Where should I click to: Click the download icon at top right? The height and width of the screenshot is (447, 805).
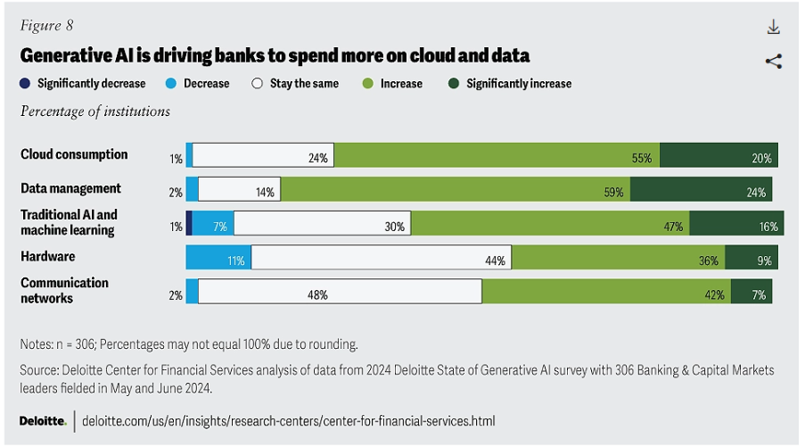pos(773,28)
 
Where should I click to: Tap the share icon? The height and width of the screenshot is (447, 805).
pos(773,62)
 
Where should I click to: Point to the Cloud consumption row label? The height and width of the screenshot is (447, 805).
pos(74,154)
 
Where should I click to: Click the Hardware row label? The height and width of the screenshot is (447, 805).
pos(47,257)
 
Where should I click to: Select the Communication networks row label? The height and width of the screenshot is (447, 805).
pos(64,290)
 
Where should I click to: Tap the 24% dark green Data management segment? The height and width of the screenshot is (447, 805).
pos(701,189)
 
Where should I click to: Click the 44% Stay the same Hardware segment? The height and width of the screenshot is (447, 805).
pos(381,258)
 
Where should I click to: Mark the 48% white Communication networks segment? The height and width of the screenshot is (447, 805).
pos(340,292)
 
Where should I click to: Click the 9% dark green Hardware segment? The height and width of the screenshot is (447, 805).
pos(752,258)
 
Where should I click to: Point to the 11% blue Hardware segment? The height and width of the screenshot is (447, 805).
pos(218,258)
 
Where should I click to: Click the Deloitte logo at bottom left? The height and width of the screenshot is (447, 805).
pos(43,420)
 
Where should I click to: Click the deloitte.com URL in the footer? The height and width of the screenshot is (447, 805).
pos(288,420)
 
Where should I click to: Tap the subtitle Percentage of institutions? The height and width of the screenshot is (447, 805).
pos(95,112)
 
